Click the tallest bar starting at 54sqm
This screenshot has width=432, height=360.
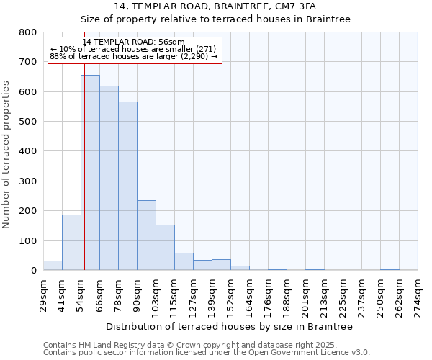point(90,173)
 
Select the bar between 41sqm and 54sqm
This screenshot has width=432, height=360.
point(71,243)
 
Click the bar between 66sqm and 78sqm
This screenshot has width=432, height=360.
point(109,178)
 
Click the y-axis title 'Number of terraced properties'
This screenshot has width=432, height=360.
point(6,154)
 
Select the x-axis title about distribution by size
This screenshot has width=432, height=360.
point(229,327)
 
